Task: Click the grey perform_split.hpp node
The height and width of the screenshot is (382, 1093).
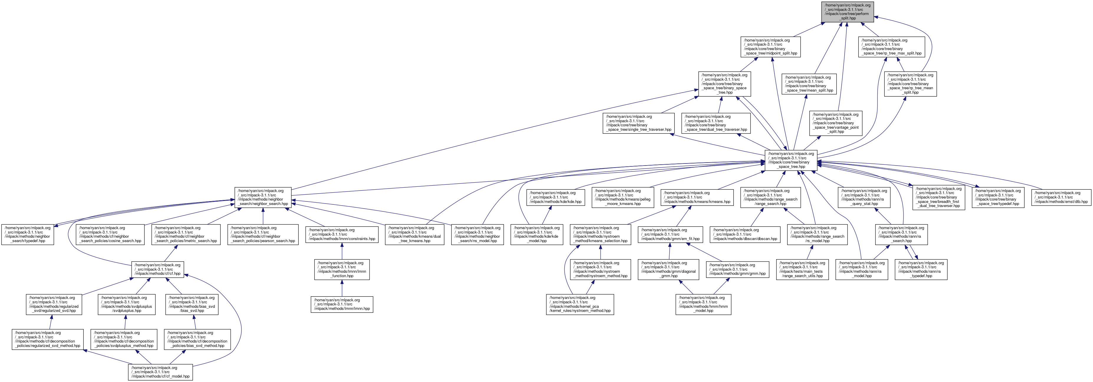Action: (847, 12)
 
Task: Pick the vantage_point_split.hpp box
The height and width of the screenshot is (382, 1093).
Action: (836, 123)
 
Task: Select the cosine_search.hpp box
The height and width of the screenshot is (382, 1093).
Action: (110, 234)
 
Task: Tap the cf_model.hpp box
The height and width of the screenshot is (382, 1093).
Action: (160, 372)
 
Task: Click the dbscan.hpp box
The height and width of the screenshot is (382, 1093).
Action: (745, 234)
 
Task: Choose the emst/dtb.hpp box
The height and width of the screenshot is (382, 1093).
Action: (1061, 197)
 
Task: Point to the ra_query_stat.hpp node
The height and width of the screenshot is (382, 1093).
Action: (864, 197)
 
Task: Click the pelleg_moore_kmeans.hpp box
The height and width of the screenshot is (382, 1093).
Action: (622, 197)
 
